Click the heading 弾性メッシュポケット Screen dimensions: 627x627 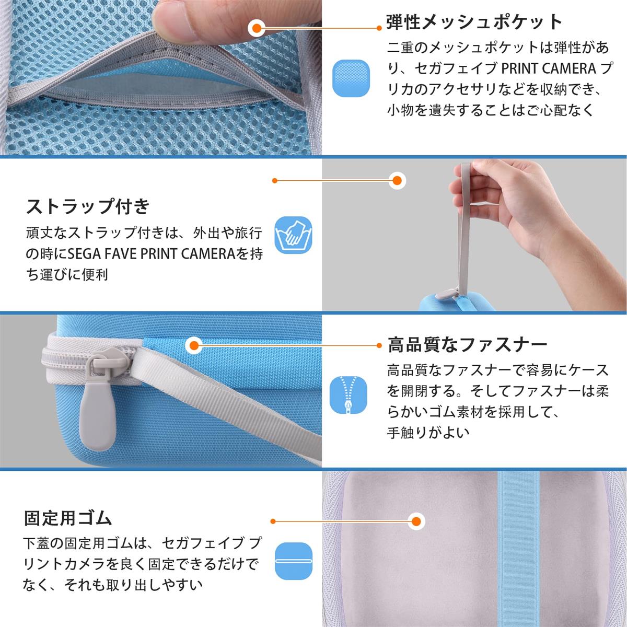pos(474,22)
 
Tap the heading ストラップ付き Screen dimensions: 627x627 pos(88,206)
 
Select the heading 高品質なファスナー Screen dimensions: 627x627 pos(468,345)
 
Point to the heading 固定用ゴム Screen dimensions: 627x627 pos(68,518)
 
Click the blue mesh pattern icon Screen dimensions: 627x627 pos(351,78)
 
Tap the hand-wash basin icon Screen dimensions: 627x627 pos(294,235)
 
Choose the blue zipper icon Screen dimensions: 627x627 pos(348,395)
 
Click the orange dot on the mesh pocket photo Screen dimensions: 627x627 pos(257,28)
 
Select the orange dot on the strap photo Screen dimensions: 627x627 pos(397,180)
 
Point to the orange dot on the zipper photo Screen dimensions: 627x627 pos(194,345)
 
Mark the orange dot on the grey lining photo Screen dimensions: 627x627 pos(416,521)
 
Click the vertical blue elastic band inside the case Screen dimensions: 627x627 pos(518,548)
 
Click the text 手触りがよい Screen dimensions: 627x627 pos(428,433)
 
